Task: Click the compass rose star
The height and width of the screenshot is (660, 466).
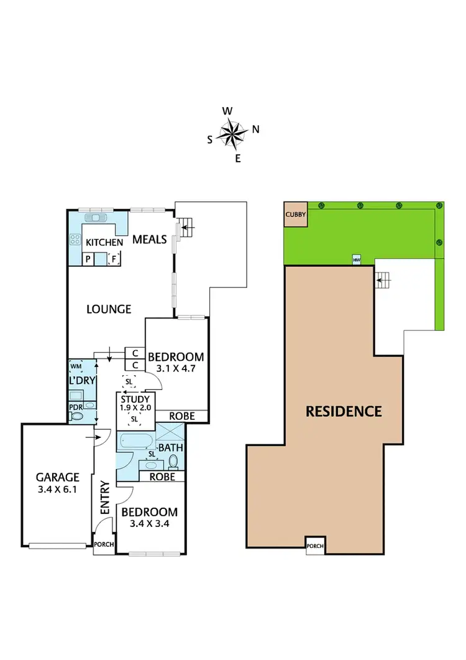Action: click(x=234, y=134)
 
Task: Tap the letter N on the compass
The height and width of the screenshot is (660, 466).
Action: click(x=255, y=130)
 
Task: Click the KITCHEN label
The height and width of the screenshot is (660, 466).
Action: click(x=103, y=242)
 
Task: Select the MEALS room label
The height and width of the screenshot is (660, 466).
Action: click(x=150, y=239)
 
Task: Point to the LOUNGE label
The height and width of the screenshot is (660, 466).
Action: click(x=109, y=309)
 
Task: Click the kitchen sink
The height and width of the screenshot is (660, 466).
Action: click(x=96, y=218)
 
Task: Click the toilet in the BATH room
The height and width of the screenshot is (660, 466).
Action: click(x=173, y=462)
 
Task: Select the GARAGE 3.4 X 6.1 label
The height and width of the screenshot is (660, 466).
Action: click(x=57, y=483)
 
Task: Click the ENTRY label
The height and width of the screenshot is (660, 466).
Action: click(x=104, y=497)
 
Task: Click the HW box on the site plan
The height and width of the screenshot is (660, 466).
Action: click(x=357, y=259)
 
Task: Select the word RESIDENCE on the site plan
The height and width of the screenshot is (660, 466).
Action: click(x=343, y=411)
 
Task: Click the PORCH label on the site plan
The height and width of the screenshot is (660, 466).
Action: click(x=315, y=547)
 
